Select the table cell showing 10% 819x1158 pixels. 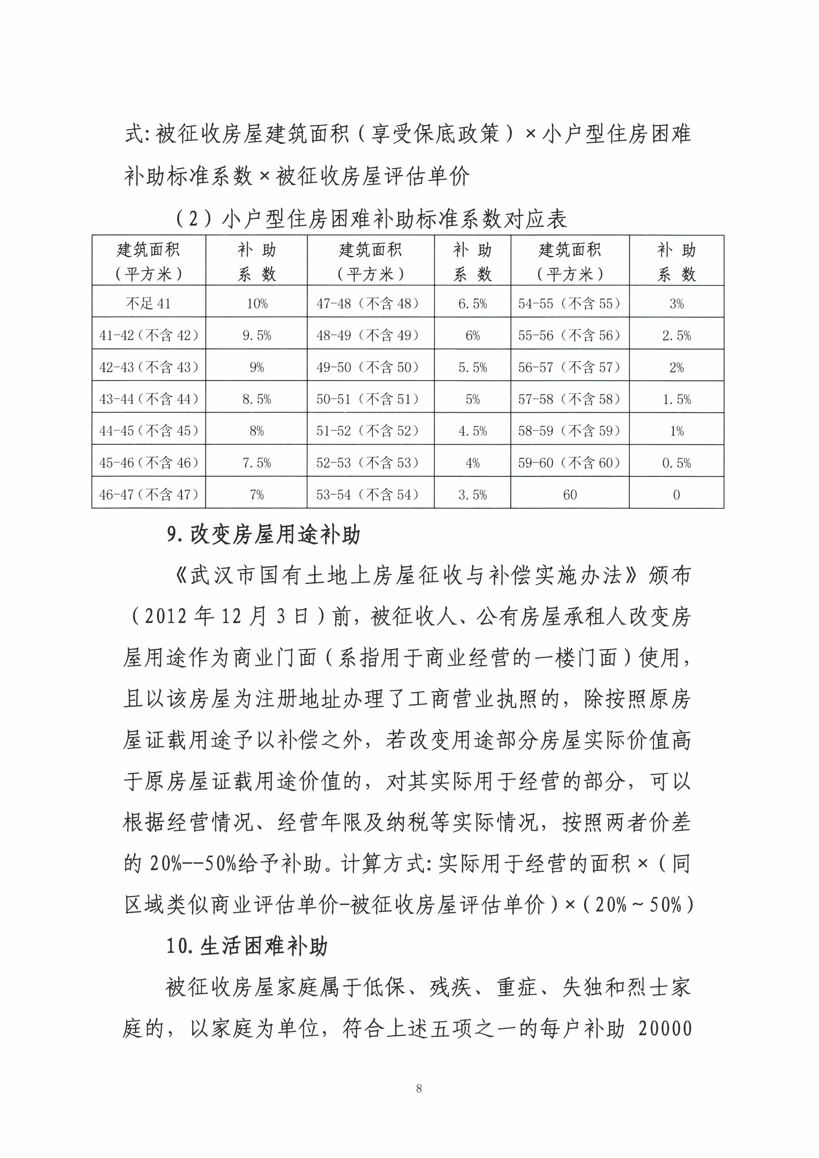257,304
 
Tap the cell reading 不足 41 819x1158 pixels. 148,304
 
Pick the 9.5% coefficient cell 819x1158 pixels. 257,335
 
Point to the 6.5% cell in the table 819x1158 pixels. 473,304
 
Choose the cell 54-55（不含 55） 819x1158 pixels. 569,304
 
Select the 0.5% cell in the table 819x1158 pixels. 676,463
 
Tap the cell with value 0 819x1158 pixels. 676,495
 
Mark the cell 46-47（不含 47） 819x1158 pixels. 149,495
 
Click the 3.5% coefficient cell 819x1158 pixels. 473,495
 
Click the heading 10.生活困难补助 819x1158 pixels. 247,947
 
